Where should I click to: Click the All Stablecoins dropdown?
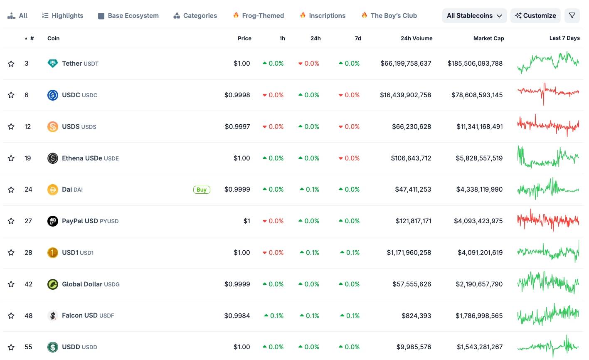(x=474, y=16)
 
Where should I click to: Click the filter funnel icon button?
(x=572, y=16)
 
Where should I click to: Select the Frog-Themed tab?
(x=258, y=16)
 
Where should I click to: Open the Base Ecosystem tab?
(x=128, y=16)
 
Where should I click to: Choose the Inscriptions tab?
(x=323, y=16)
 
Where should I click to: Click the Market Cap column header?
(x=488, y=38)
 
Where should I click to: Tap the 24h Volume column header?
(x=416, y=38)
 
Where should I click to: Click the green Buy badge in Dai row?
(x=202, y=190)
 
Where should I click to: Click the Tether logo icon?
(x=53, y=64)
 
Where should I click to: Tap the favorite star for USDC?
(x=11, y=95)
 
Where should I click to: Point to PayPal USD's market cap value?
(x=478, y=221)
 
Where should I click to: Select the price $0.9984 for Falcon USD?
(x=237, y=316)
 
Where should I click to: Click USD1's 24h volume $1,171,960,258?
(x=409, y=253)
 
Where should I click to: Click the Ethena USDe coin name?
(x=82, y=158)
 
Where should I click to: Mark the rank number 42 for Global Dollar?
(x=28, y=284)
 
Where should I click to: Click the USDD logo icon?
(x=53, y=347)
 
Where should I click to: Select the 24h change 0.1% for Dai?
(x=310, y=190)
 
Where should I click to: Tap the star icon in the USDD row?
(x=11, y=347)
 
